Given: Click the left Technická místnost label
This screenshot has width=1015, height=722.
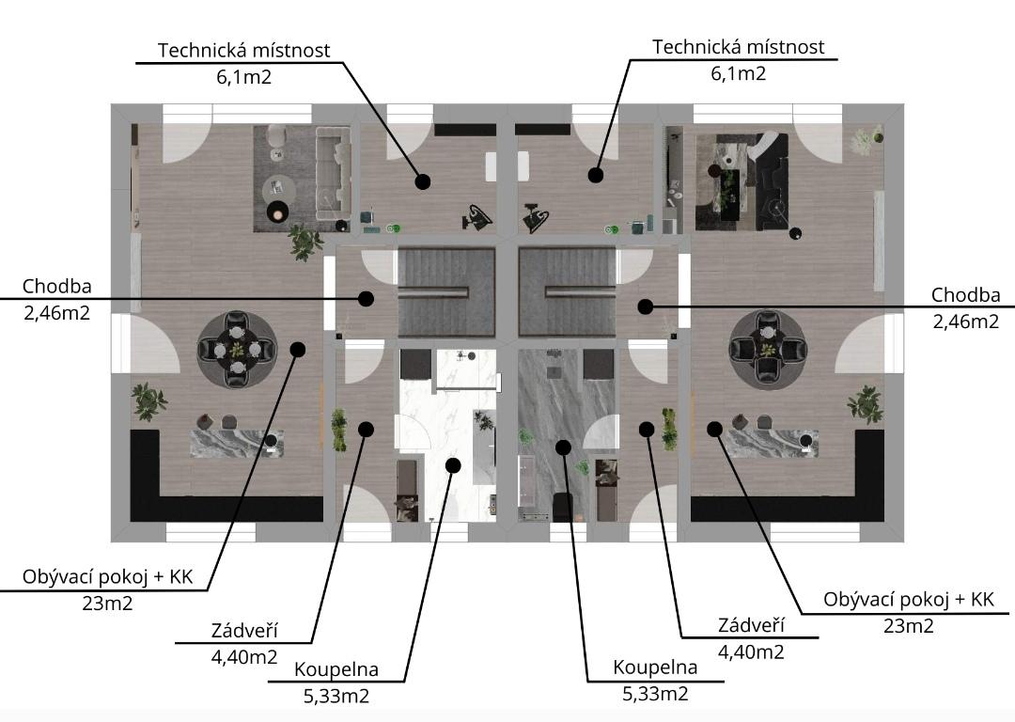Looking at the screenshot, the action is coord(244,50).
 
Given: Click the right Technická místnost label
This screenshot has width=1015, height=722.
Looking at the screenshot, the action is coord(738,47).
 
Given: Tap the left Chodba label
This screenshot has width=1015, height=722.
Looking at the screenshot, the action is coord(57,286).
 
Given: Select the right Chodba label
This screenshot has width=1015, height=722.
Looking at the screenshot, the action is coord(966,294).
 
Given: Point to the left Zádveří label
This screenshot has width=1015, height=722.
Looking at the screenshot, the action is coord(244,630).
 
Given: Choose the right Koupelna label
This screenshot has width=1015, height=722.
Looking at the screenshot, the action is coord(655,667).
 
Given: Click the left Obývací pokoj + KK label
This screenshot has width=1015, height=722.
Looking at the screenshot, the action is coord(107,577).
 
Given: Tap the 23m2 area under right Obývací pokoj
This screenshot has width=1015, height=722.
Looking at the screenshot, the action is coord(908,626).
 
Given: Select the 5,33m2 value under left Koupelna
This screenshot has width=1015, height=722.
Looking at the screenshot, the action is coord(336,696).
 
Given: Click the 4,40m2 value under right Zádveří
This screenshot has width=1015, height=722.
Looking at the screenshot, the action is coord(751,652).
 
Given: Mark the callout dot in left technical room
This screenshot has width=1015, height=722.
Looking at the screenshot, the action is coord(423,181).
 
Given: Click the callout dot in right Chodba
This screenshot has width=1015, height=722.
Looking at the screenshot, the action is coord(645,306).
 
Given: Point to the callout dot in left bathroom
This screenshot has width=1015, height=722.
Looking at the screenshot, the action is coord(453,465).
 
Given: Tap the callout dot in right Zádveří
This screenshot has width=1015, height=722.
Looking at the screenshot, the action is coord(646,429).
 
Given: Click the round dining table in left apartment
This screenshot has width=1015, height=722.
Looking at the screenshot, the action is coord(238,350).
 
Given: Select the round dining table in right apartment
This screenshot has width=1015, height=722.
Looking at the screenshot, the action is coord(768,350).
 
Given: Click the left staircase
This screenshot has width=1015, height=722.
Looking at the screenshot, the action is coord(446,292).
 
